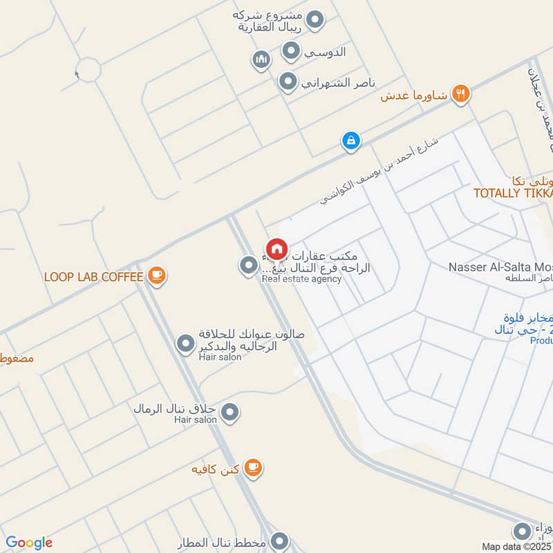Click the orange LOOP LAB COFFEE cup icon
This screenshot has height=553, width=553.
point(157,276)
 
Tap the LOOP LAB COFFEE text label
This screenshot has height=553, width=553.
point(93,277)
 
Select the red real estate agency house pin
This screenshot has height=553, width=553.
point(276,249)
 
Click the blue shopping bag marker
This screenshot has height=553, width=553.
point(351,141)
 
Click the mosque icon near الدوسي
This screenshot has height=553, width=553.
point(261,60)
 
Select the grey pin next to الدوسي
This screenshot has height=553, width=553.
point(292,50)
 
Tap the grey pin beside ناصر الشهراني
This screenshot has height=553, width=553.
point(288,83)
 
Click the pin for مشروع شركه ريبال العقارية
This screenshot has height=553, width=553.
point(315,20)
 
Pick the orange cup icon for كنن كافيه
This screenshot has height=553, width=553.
point(253,468)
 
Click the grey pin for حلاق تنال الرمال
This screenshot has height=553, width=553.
point(231,413)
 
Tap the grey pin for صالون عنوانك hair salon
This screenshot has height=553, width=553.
point(185,343)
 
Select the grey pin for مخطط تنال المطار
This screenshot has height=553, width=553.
point(279,541)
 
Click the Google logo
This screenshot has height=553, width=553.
point(29,543)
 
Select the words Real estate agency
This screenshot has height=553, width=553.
point(301,279)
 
